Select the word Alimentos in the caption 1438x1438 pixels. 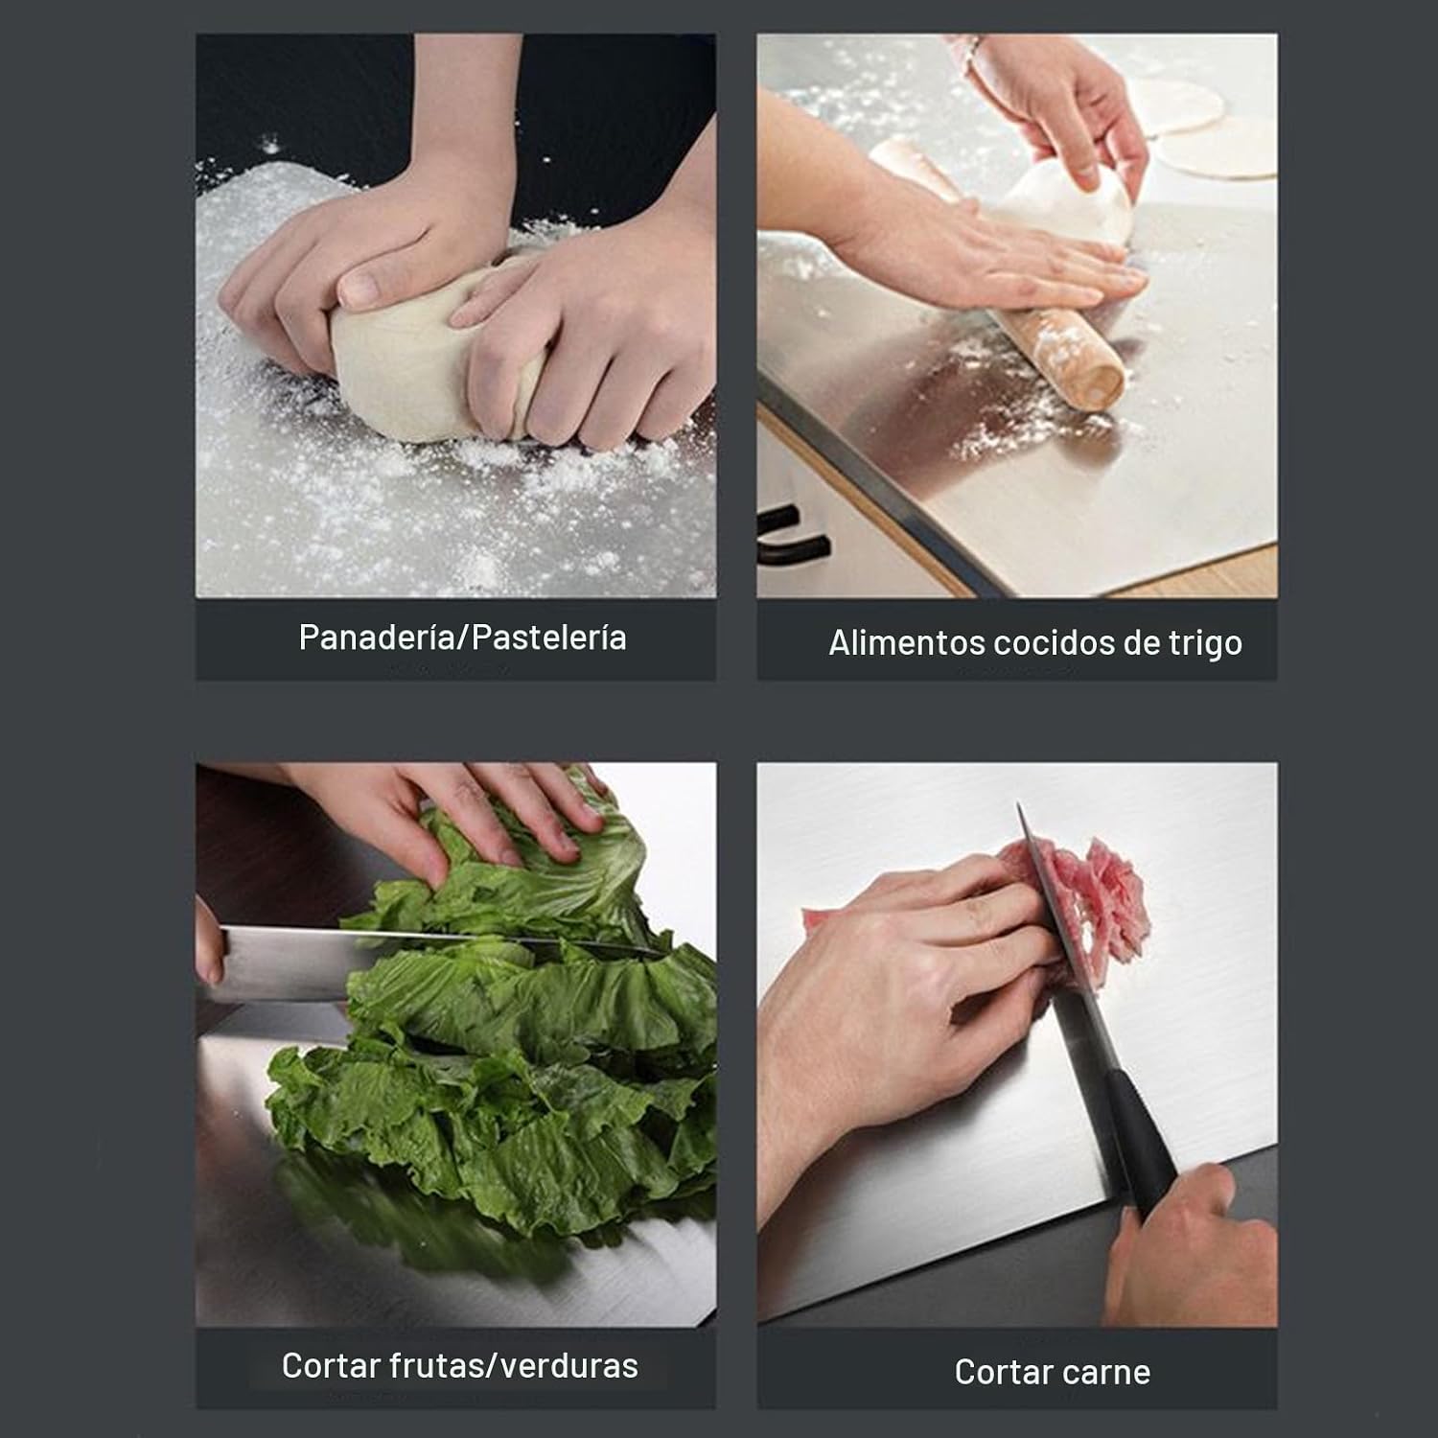pos(906,642)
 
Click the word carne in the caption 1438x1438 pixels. pos(1107,1373)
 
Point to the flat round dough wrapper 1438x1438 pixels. pos(1218,153)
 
